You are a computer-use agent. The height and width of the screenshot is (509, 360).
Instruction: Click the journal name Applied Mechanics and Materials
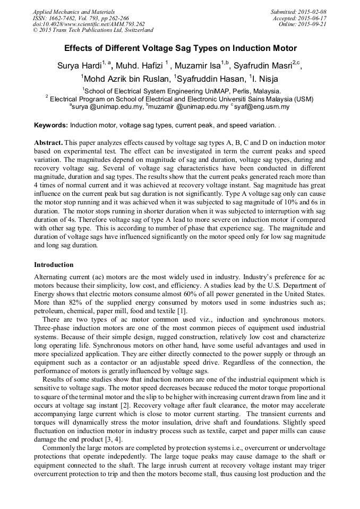point(74,12)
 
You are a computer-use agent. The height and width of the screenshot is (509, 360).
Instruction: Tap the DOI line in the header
point(89,24)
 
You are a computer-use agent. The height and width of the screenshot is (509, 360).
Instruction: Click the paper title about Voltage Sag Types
point(180,48)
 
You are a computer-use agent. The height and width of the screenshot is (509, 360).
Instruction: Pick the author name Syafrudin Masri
point(265,66)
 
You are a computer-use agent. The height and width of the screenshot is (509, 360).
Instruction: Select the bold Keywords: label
point(51,125)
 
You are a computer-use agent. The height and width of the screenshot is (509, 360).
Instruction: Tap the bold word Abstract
point(49,143)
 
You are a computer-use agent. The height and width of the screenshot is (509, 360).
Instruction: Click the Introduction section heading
point(54,264)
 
